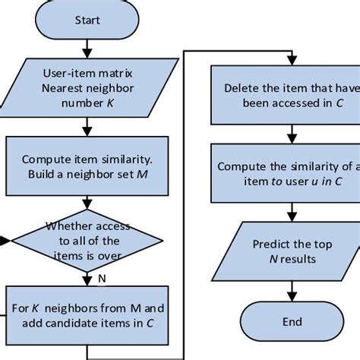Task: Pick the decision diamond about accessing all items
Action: [87, 240]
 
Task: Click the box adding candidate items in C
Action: [87, 314]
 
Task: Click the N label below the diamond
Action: [101, 279]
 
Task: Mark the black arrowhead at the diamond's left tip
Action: [5, 241]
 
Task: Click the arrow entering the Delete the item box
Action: [286, 60]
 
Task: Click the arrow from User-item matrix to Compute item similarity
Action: [87, 126]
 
